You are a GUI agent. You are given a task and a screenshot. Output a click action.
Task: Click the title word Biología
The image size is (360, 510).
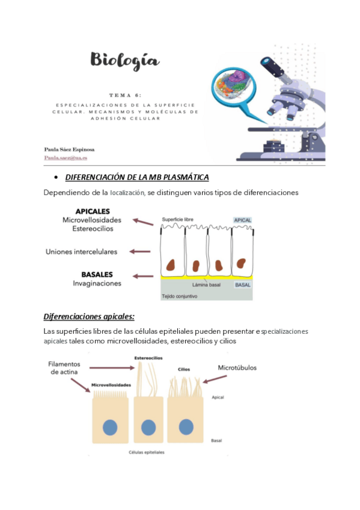pyautogui.click(x=125, y=61)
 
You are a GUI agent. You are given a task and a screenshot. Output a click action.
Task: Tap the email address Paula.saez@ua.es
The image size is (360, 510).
pyautogui.click(x=66, y=158)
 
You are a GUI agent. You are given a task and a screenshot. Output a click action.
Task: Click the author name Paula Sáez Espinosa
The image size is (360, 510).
pyautogui.click(x=69, y=150)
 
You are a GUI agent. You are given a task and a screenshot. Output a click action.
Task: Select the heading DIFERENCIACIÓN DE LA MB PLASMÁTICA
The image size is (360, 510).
pyautogui.click(x=137, y=177)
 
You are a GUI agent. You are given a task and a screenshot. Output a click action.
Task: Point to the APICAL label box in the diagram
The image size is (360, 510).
pyautogui.click(x=243, y=220)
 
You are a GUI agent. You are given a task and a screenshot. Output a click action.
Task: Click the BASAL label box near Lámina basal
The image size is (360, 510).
pyautogui.click(x=243, y=285)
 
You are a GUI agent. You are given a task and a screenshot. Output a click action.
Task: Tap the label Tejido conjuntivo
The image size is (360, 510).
pyautogui.click(x=179, y=296)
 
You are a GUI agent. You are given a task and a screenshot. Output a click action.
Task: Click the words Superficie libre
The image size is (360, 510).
pyautogui.click(x=177, y=220)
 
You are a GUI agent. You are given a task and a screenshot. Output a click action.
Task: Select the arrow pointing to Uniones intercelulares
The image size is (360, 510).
pyautogui.click(x=140, y=251)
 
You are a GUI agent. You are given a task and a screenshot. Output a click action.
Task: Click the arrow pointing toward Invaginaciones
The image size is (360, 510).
pyautogui.click(x=143, y=277)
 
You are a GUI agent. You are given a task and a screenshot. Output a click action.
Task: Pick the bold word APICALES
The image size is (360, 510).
pyautogui.click(x=93, y=212)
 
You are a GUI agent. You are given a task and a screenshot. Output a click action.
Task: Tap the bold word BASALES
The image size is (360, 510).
pyautogui.click(x=97, y=274)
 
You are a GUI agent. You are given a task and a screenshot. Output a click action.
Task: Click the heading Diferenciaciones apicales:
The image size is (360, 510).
pyautogui.click(x=89, y=316)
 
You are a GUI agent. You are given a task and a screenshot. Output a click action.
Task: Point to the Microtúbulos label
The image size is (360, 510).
pyautogui.click(x=237, y=368)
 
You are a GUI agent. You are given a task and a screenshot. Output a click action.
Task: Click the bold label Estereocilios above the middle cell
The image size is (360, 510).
pyautogui.click(x=148, y=358)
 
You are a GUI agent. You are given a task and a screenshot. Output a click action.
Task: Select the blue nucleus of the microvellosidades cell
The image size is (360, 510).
pyautogui.click(x=110, y=428)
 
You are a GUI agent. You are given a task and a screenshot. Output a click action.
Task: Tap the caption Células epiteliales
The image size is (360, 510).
pyautogui.click(x=147, y=452)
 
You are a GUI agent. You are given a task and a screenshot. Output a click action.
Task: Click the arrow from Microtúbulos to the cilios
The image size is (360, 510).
pyautogui.click(x=215, y=379)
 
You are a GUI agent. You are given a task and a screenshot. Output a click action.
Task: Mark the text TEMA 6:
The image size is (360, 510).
pyautogui.click(x=126, y=95)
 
